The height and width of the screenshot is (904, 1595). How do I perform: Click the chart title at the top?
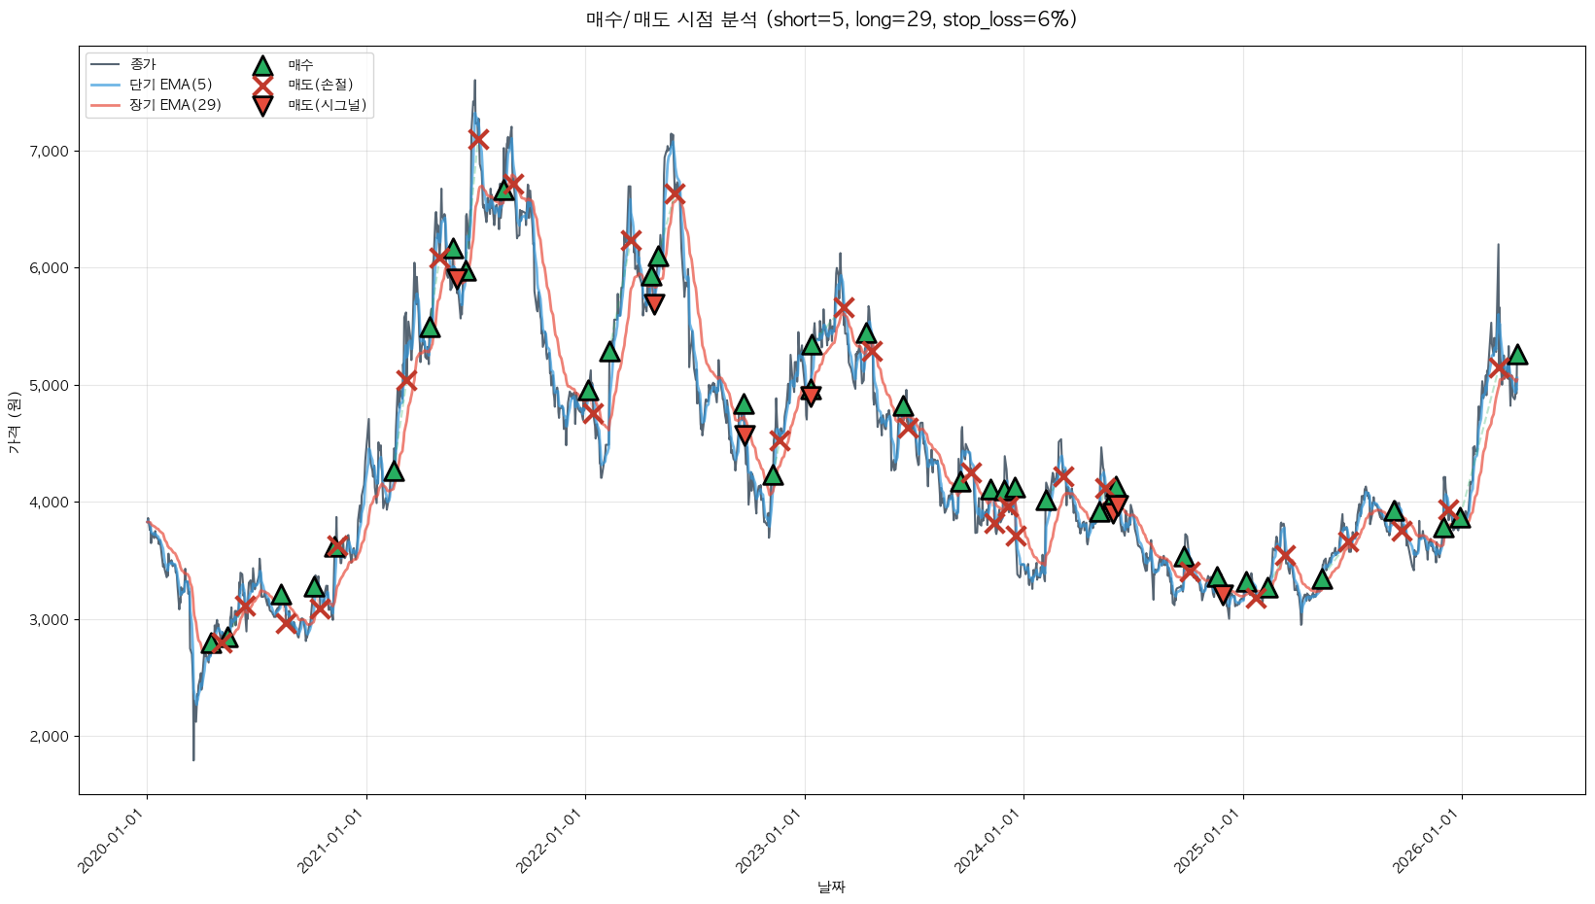click(831, 19)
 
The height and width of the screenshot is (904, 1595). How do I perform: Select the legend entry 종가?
click(142, 64)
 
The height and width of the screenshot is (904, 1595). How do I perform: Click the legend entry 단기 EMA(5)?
click(170, 85)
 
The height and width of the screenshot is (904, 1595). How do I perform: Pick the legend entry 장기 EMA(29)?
click(175, 105)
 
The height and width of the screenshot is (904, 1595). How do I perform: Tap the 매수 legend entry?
click(300, 65)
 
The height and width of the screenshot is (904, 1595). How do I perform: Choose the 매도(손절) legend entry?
click(320, 85)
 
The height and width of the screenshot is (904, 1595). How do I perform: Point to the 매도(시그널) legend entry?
click(327, 105)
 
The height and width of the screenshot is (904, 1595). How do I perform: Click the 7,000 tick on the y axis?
click(49, 152)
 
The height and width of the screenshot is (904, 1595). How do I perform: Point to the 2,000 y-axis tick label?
click(49, 737)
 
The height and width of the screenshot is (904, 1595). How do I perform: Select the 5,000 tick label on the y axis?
click(49, 386)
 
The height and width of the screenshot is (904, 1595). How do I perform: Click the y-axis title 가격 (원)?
click(14, 423)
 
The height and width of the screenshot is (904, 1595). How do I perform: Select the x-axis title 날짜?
click(831, 887)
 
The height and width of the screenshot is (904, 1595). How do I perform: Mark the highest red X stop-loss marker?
click(478, 138)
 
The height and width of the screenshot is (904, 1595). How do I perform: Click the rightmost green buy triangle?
click(1516, 355)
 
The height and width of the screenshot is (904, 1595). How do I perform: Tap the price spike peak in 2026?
click(1498, 245)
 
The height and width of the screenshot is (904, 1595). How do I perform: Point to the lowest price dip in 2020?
click(193, 759)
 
